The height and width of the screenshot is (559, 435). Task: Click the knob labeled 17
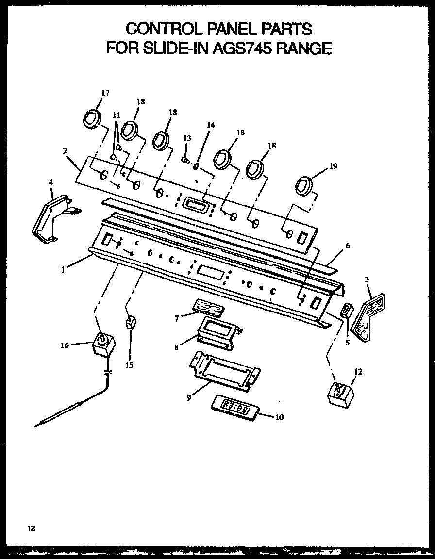coord(91,118)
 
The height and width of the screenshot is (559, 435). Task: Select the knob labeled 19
coord(304,185)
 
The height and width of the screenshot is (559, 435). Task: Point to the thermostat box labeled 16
coord(102,344)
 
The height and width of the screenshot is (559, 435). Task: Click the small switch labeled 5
coord(347,310)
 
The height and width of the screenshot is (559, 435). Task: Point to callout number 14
coord(210,125)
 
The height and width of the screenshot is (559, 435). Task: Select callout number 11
coord(116,115)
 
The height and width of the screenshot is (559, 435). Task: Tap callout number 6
coord(348,246)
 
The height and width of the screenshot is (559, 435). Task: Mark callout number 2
coord(65,150)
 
